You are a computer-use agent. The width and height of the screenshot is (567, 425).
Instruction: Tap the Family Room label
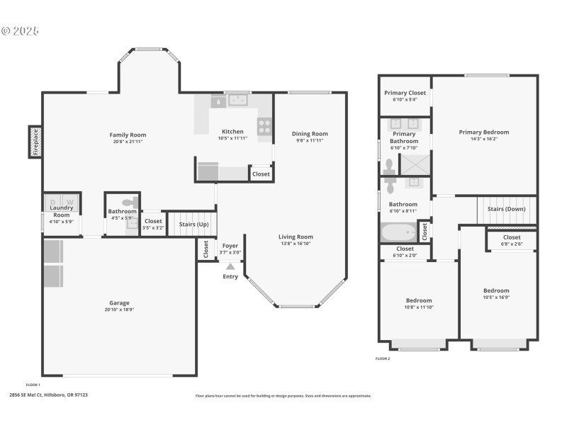tap(128, 135)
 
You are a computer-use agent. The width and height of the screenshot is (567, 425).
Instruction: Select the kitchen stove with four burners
tap(264, 125)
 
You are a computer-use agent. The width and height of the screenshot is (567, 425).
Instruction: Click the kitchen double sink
tap(237, 101)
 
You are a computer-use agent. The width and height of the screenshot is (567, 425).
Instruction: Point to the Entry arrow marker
tap(230, 266)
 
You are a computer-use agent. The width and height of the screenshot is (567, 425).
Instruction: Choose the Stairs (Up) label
tap(193, 224)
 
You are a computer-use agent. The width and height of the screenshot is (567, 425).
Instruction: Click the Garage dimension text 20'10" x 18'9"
tap(119, 310)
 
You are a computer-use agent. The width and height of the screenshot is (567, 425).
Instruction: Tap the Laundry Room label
tap(62, 211)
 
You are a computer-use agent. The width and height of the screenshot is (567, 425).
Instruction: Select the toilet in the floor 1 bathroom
tap(128, 201)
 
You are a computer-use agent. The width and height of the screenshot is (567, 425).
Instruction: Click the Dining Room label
tap(310, 133)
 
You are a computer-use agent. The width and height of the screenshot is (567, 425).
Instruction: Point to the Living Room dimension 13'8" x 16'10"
tap(296, 244)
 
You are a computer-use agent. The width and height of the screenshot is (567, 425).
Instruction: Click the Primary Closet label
tap(405, 93)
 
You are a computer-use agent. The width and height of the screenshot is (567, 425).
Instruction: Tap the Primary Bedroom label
tap(483, 132)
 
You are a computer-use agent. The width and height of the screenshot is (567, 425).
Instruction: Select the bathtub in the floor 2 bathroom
tap(400, 232)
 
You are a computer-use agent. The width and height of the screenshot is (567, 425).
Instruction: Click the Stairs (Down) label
tap(506, 209)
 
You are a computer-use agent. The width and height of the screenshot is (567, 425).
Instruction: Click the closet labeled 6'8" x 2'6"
tap(511, 240)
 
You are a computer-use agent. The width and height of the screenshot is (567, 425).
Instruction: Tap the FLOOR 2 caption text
tap(383, 359)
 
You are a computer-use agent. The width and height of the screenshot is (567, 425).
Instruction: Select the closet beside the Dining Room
tap(261, 174)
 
